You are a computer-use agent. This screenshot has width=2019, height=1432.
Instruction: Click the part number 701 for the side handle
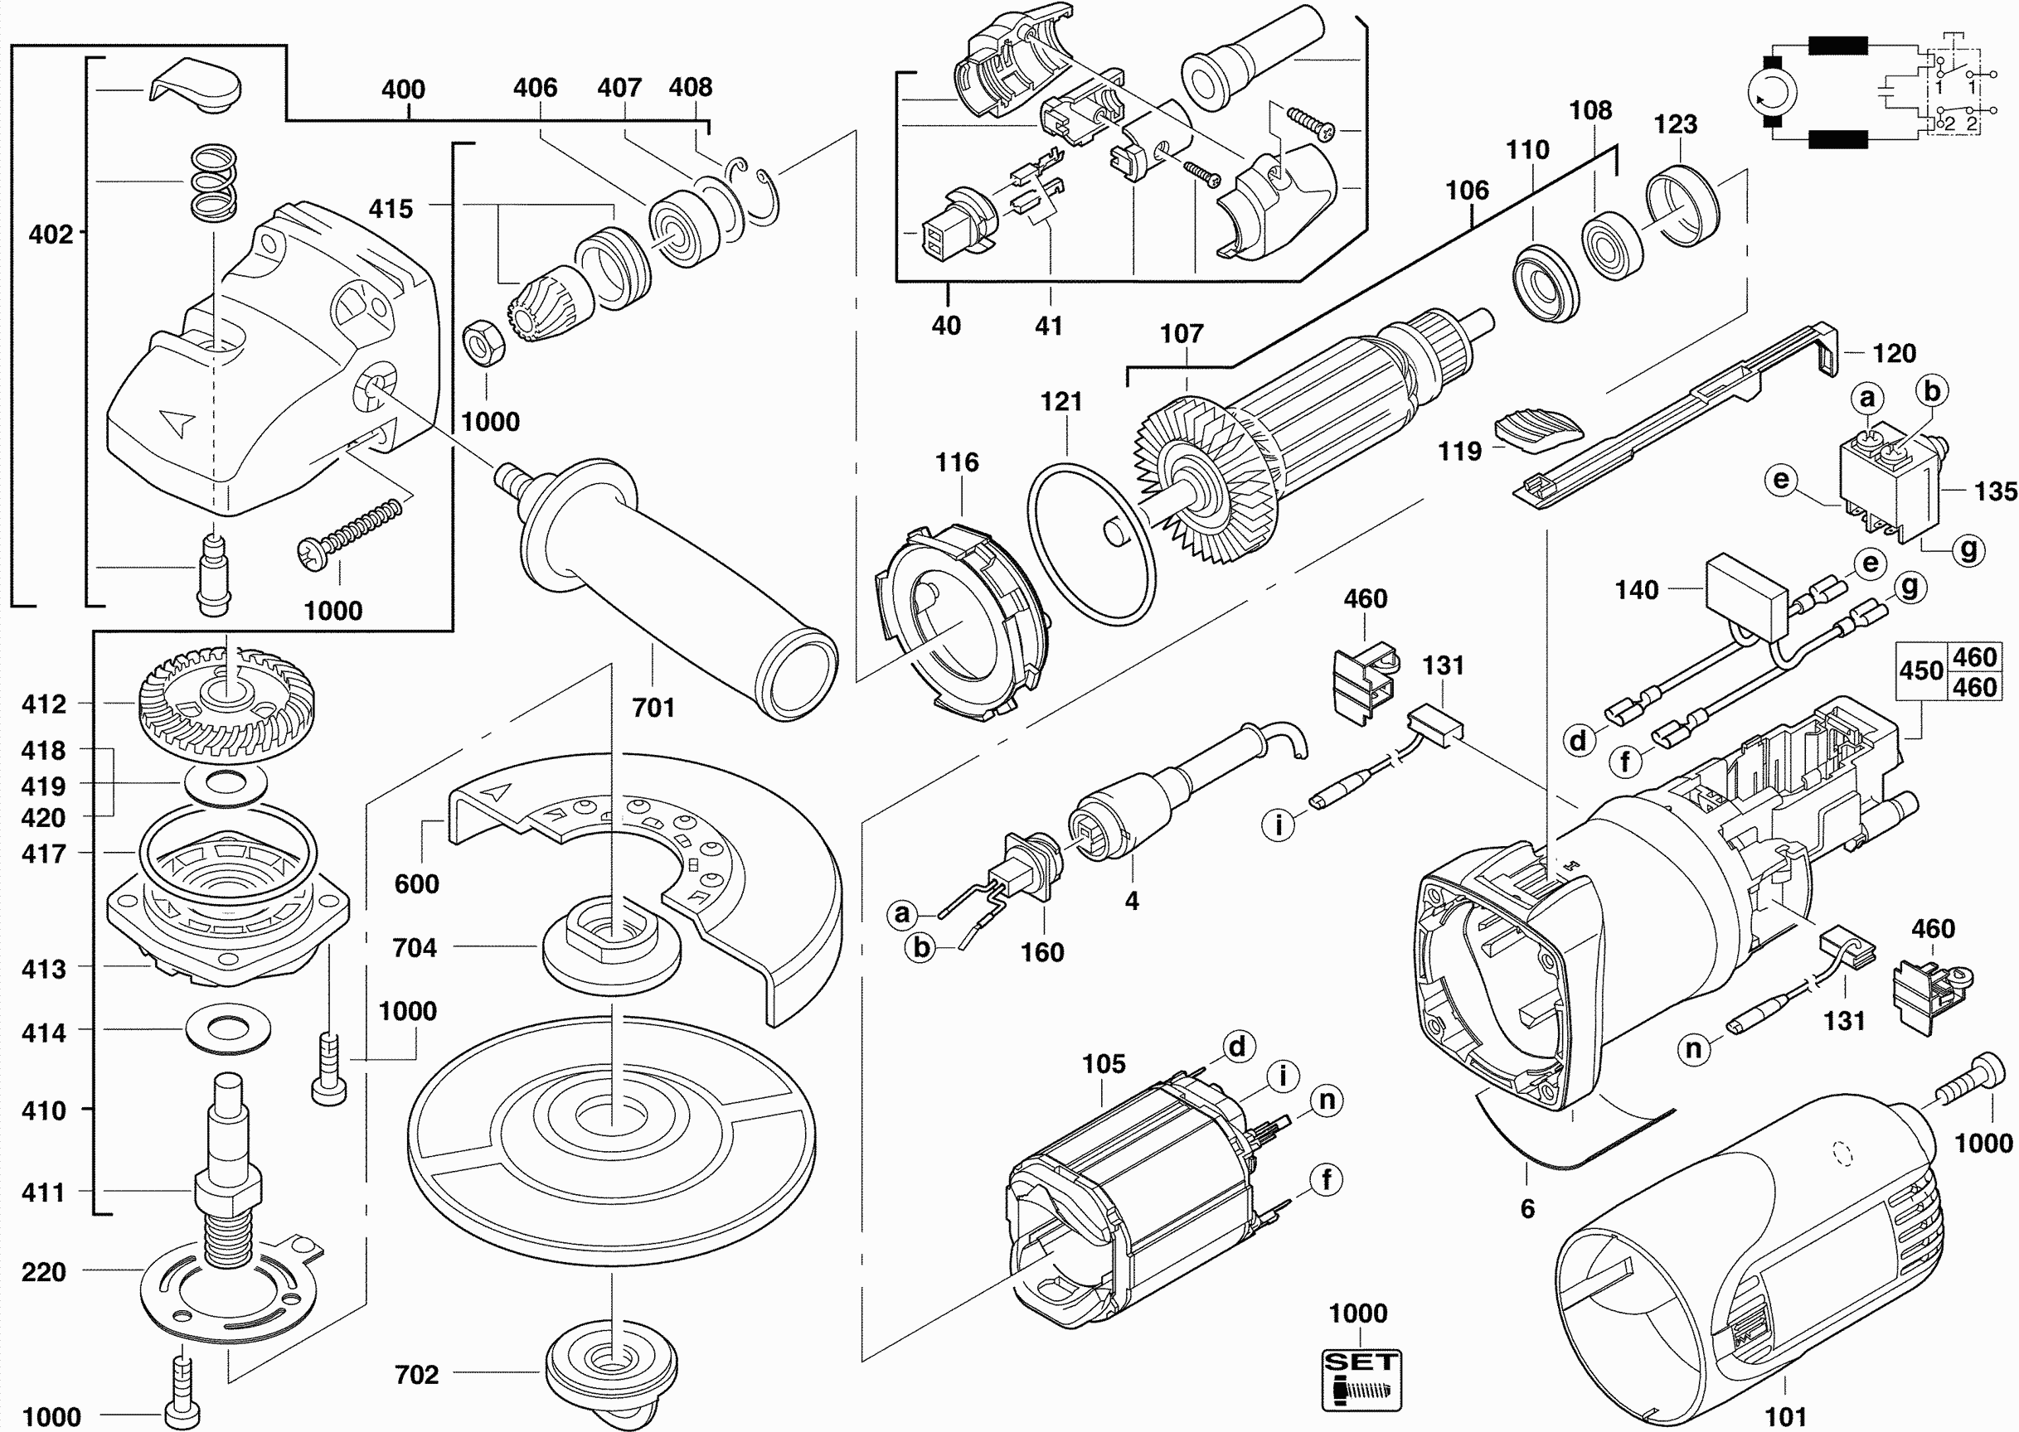pyautogui.click(x=653, y=708)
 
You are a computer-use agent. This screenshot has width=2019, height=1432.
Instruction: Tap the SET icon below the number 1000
pyautogui.click(x=1361, y=1378)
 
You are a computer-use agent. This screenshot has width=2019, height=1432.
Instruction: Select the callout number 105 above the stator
pyautogui.click(x=1104, y=1064)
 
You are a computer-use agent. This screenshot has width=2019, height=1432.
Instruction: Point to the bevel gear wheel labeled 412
pyautogui.click(x=226, y=705)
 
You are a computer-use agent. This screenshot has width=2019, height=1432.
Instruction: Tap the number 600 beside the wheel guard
pyautogui.click(x=416, y=883)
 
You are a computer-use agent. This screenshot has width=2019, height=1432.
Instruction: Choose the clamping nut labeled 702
pyautogui.click(x=611, y=1377)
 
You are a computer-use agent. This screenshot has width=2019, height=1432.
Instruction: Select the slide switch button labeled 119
pyautogui.click(x=1539, y=430)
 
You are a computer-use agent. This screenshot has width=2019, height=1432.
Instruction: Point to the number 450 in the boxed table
pyautogui.click(x=1921, y=671)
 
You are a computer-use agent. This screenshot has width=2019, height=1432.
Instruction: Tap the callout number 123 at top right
pyautogui.click(x=1675, y=124)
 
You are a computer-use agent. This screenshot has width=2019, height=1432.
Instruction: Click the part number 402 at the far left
pyautogui.click(x=51, y=234)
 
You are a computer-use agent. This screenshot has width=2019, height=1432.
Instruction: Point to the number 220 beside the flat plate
pyautogui.click(x=44, y=1271)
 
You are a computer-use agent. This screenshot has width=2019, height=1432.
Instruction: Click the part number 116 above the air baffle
pyautogui.click(x=957, y=462)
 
